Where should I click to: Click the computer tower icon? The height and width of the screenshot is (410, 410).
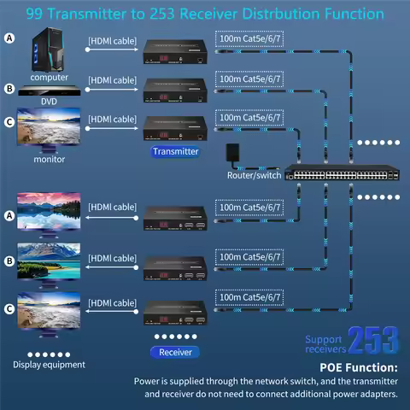48,50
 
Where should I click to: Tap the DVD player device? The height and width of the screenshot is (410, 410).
50,91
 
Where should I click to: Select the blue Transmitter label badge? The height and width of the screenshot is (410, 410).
175,151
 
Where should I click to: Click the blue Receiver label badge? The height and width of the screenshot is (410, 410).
175,352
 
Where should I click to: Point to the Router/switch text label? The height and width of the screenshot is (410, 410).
254,175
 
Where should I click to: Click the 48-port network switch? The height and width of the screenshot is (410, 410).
342,173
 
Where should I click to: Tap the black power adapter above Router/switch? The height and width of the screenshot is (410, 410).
232,153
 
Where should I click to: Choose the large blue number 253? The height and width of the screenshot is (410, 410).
373,341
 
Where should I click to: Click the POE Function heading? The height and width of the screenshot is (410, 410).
359,367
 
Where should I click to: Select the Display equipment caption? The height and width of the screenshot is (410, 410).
49,365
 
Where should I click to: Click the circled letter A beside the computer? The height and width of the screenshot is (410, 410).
9,38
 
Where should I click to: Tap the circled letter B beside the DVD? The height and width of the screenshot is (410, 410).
9,89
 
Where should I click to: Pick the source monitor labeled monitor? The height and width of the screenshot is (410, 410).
49,130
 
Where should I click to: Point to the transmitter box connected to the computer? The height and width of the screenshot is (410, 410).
175,51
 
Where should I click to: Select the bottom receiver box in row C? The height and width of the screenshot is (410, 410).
175,313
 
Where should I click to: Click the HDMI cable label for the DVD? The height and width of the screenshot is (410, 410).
112,80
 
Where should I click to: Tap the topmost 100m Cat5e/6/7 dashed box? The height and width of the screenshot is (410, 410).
249,38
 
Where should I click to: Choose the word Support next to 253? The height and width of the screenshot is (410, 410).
324,339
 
